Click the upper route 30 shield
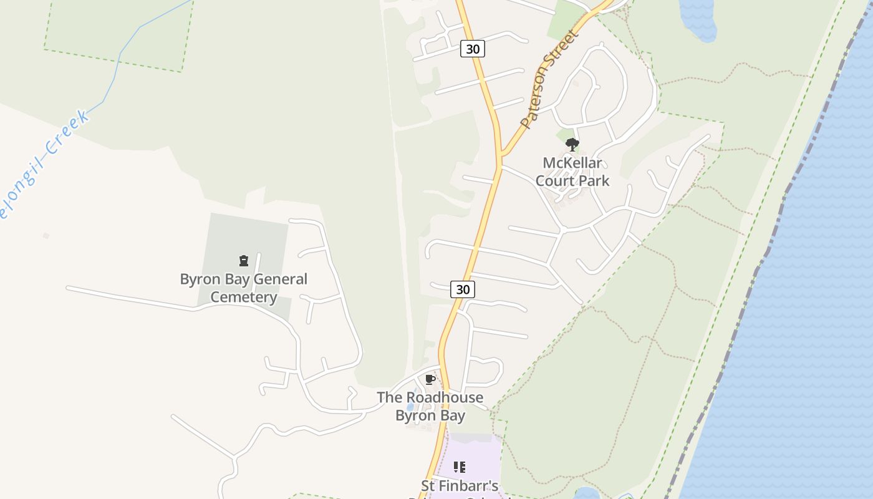coord(473,49)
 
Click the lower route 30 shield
coord(463,289)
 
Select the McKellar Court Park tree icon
coord(572,145)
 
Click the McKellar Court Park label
coord(572,172)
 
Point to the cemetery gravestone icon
coord(244,261)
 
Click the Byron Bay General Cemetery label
coord(244,288)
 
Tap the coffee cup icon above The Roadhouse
coord(430,379)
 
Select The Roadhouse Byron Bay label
coord(430,406)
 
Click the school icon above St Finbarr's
coord(460,467)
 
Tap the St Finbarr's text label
coord(460,486)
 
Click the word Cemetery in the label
coord(244,298)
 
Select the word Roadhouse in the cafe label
coord(444,397)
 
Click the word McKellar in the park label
coord(572,163)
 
